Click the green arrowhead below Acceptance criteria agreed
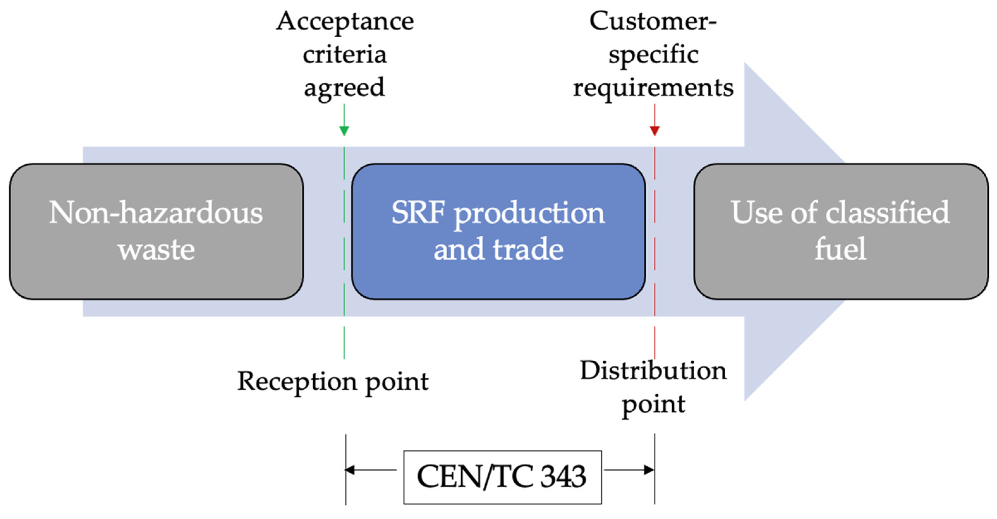point(344,130)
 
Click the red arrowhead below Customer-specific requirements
point(655,130)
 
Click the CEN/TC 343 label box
point(502,477)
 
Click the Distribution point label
point(653,387)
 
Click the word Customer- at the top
point(653,21)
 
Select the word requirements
point(653,88)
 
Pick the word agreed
point(344,88)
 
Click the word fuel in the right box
point(840,249)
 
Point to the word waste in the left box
point(156,249)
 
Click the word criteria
point(344,55)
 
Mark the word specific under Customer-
point(653,55)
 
